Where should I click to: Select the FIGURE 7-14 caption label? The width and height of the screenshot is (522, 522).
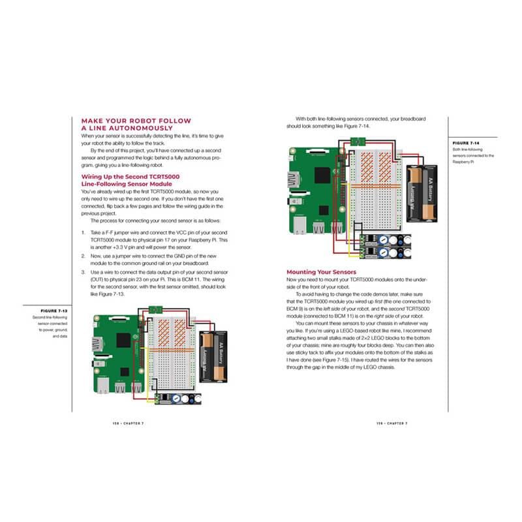pyautogui.click(x=467, y=142)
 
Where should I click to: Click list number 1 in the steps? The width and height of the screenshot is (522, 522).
pyautogui.click(x=82, y=232)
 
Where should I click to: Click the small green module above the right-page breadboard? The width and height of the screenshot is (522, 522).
pyautogui.click(x=358, y=142)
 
